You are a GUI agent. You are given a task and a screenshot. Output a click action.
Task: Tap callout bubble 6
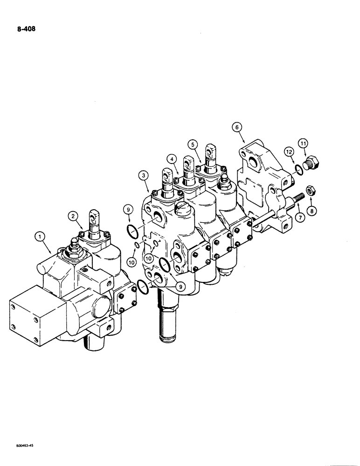(x=237, y=126)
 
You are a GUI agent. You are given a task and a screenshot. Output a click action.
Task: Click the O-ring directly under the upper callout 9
(x=132, y=230)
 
